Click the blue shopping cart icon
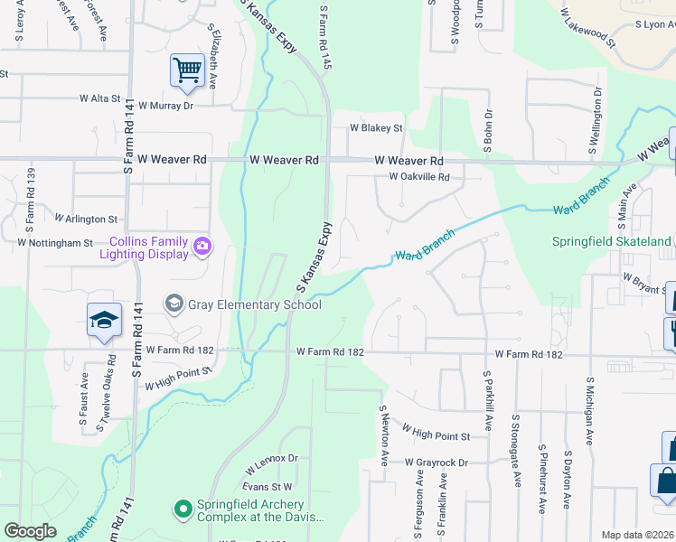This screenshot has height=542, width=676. pyautogui.click(x=187, y=70)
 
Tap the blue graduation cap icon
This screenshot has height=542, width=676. pyautogui.click(x=104, y=320)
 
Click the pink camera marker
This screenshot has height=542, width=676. pyautogui.click(x=202, y=246)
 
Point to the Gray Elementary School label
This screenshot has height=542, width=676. pyautogui.click(x=254, y=304)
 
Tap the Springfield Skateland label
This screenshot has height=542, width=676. pyautogui.click(x=612, y=241)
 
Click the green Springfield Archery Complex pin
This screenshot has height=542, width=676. pyautogui.click(x=183, y=510)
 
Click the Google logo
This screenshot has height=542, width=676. pyautogui.click(x=30, y=531)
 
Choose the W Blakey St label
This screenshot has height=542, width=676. pyautogui.click(x=376, y=128)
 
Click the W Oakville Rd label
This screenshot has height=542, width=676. pyautogui.click(x=418, y=177)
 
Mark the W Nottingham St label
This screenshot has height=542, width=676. pyautogui.click(x=54, y=243)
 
